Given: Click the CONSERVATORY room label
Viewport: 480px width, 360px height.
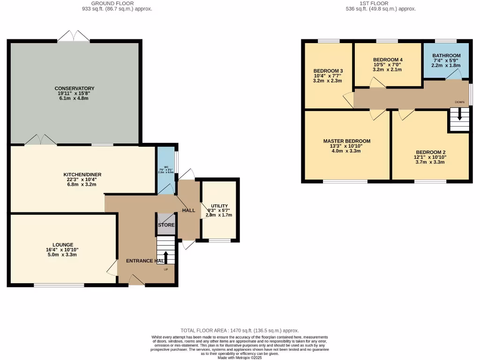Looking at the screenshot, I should [x=75, y=88].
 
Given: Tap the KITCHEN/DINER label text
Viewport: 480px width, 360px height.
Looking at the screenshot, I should [x=82, y=174].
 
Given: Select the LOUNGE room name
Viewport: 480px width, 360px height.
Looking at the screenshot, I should [x=63, y=244].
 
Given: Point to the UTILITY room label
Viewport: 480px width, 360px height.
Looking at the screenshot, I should [x=219, y=206].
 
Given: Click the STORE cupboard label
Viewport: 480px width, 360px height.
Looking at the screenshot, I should [x=166, y=225].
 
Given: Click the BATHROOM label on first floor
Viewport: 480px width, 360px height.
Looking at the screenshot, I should [x=446, y=55].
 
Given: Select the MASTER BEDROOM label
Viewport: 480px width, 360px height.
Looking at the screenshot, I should [x=347, y=141].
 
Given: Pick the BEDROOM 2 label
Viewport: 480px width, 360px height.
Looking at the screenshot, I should [x=430, y=152].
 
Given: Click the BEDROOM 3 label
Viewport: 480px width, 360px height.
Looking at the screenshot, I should [x=328, y=71].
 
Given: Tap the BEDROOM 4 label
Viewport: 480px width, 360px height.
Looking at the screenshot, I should [x=388, y=60].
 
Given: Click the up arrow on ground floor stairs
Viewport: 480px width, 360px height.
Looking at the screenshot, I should [x=165, y=257].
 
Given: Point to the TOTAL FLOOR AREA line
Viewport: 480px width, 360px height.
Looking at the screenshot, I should [x=240, y=330].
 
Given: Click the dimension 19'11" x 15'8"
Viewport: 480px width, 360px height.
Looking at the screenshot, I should [x=75, y=93].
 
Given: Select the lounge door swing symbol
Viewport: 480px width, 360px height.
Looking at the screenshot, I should [x=112, y=268].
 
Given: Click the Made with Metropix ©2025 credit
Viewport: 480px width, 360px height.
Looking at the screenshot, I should [x=240, y=358].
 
